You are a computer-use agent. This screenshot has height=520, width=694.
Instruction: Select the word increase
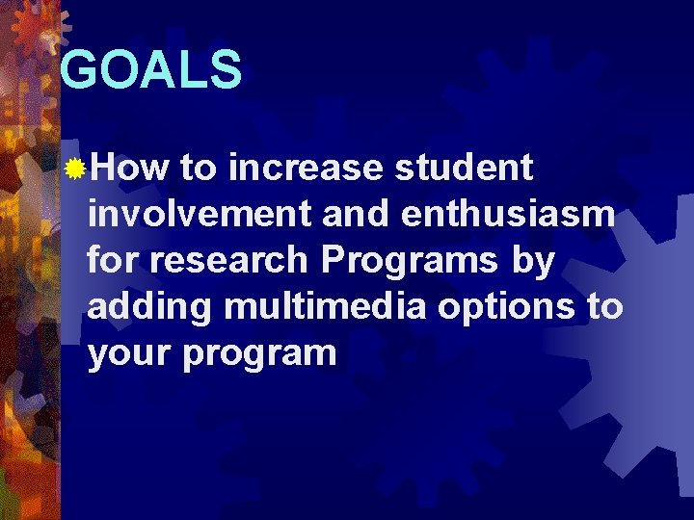coord(306,168)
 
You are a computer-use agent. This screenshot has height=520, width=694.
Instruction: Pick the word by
coord(529,261)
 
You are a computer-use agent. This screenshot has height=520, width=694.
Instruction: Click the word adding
coord(148,307)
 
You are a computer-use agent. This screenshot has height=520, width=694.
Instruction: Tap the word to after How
coord(199,168)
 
